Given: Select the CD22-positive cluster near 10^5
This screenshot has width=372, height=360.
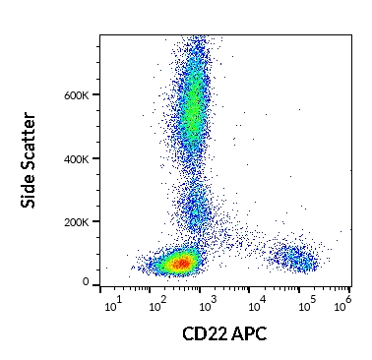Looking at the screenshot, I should (x=296, y=259).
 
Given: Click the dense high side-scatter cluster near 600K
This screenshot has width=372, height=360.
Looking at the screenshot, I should (x=194, y=108).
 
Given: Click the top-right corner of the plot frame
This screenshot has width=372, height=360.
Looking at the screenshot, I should (x=351, y=35).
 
